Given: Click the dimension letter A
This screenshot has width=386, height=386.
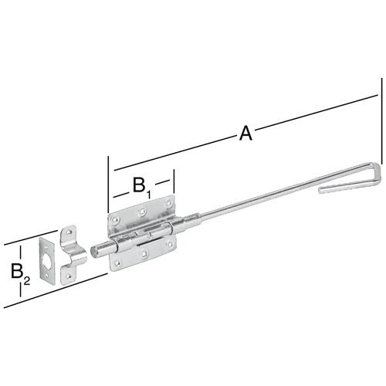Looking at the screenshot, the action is point(245,134).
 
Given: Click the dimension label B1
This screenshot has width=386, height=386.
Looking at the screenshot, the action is point(141,186).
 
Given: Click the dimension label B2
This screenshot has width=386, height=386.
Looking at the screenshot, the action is point(20,273).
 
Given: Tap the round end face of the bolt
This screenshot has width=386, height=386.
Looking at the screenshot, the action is point(93,251).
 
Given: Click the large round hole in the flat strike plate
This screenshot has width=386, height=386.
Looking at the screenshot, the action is point(46,259).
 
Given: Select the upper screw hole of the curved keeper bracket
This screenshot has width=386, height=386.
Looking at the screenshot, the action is point(69,232).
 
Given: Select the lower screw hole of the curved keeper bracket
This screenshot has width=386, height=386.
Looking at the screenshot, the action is point(69,276).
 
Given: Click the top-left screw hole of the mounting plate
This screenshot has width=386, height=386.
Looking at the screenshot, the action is point(115,220).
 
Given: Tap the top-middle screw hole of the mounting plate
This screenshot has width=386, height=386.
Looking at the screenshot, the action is point(141,212).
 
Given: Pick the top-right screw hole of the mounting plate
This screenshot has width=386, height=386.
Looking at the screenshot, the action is point(168,204).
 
